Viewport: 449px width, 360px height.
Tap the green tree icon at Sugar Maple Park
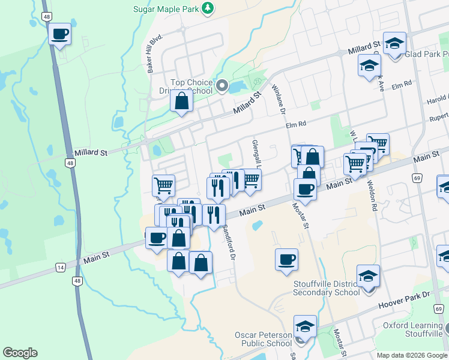[207, 8]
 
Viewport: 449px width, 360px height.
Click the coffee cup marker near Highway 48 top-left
[60, 34]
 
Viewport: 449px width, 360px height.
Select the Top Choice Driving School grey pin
[222, 86]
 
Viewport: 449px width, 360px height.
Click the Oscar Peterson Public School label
[263, 339]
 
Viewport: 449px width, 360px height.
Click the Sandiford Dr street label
[228, 238]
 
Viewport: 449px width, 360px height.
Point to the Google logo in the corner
[20, 353]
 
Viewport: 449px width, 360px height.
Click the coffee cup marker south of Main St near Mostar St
[286, 259]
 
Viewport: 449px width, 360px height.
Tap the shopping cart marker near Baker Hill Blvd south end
[163, 186]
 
